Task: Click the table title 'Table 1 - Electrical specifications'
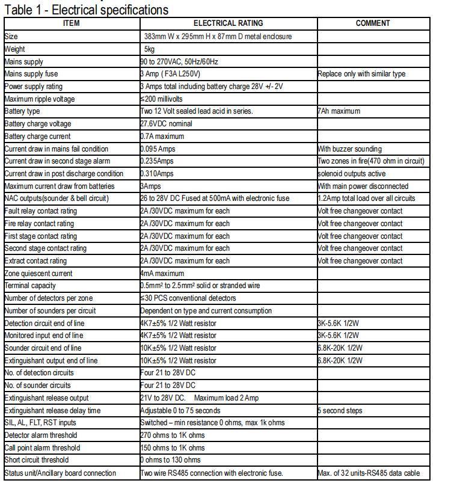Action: [87, 10]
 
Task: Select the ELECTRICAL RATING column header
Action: [228, 23]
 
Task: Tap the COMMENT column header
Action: [372, 23]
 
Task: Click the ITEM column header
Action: [71, 23]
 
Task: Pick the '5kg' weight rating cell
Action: [150, 49]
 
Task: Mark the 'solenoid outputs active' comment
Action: [352, 174]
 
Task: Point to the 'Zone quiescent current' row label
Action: [38, 273]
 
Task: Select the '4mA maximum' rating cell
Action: [162, 273]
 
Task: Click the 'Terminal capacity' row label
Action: [31, 286]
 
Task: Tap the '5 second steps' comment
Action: [340, 410]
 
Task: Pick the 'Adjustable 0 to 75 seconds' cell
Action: [180, 410]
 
